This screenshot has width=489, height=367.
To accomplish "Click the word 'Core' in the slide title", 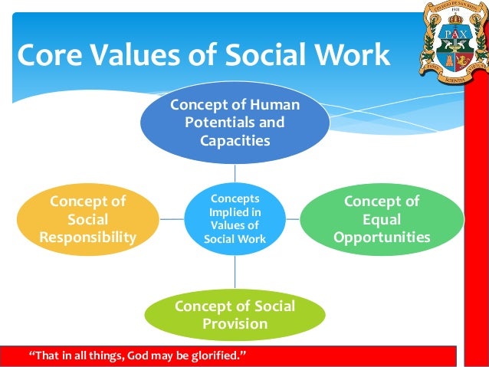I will click(49, 57).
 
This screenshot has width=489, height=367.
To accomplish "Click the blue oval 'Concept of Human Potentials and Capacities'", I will click(235, 123).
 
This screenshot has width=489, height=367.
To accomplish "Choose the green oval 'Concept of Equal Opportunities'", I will click(382, 219).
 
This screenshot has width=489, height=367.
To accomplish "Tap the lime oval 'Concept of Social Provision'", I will click(235, 315).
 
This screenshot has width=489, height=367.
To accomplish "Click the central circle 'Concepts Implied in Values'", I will click(235, 219).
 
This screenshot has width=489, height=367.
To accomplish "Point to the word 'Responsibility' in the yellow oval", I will click(87, 238).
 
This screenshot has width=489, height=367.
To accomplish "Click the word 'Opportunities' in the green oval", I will click(382, 238).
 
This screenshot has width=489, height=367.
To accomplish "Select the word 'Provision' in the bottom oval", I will click(235, 324).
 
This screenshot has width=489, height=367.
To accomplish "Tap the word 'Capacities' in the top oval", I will click(235, 140).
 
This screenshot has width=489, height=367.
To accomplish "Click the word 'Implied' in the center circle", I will click(235, 212).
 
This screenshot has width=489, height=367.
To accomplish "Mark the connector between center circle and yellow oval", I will click(172, 219).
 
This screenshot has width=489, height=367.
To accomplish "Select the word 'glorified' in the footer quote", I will click(217, 356).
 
